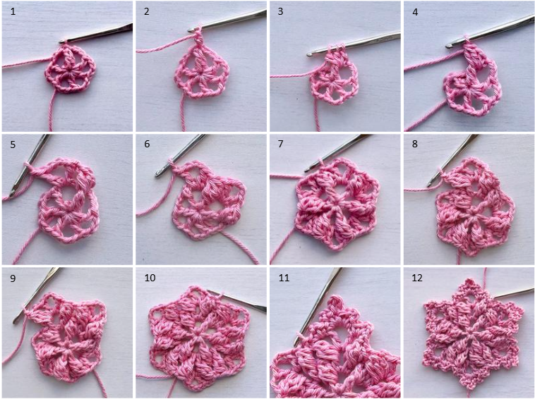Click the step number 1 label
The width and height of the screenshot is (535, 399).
click(x=13, y=11)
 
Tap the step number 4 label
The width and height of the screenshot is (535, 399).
click(x=415, y=12)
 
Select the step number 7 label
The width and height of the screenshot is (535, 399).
click(x=280, y=144)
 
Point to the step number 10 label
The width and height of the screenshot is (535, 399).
click(x=150, y=278)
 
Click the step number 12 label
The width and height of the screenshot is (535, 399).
click(x=417, y=278)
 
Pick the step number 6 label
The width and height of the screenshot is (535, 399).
click(x=147, y=144)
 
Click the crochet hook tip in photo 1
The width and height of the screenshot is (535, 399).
click(x=61, y=42)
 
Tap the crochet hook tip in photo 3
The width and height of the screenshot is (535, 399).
click(x=308, y=54)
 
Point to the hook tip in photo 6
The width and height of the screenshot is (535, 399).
click(x=157, y=174)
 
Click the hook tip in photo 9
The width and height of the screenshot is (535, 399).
click(x=15, y=321)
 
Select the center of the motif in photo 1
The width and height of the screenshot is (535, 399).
click(x=71, y=70)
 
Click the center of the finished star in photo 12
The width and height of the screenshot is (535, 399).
click(x=473, y=336)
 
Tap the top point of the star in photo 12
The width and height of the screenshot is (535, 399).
click(x=470, y=280)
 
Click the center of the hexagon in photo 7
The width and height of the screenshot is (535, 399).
click(x=336, y=204)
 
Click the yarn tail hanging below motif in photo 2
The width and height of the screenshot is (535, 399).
click(x=183, y=114)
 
